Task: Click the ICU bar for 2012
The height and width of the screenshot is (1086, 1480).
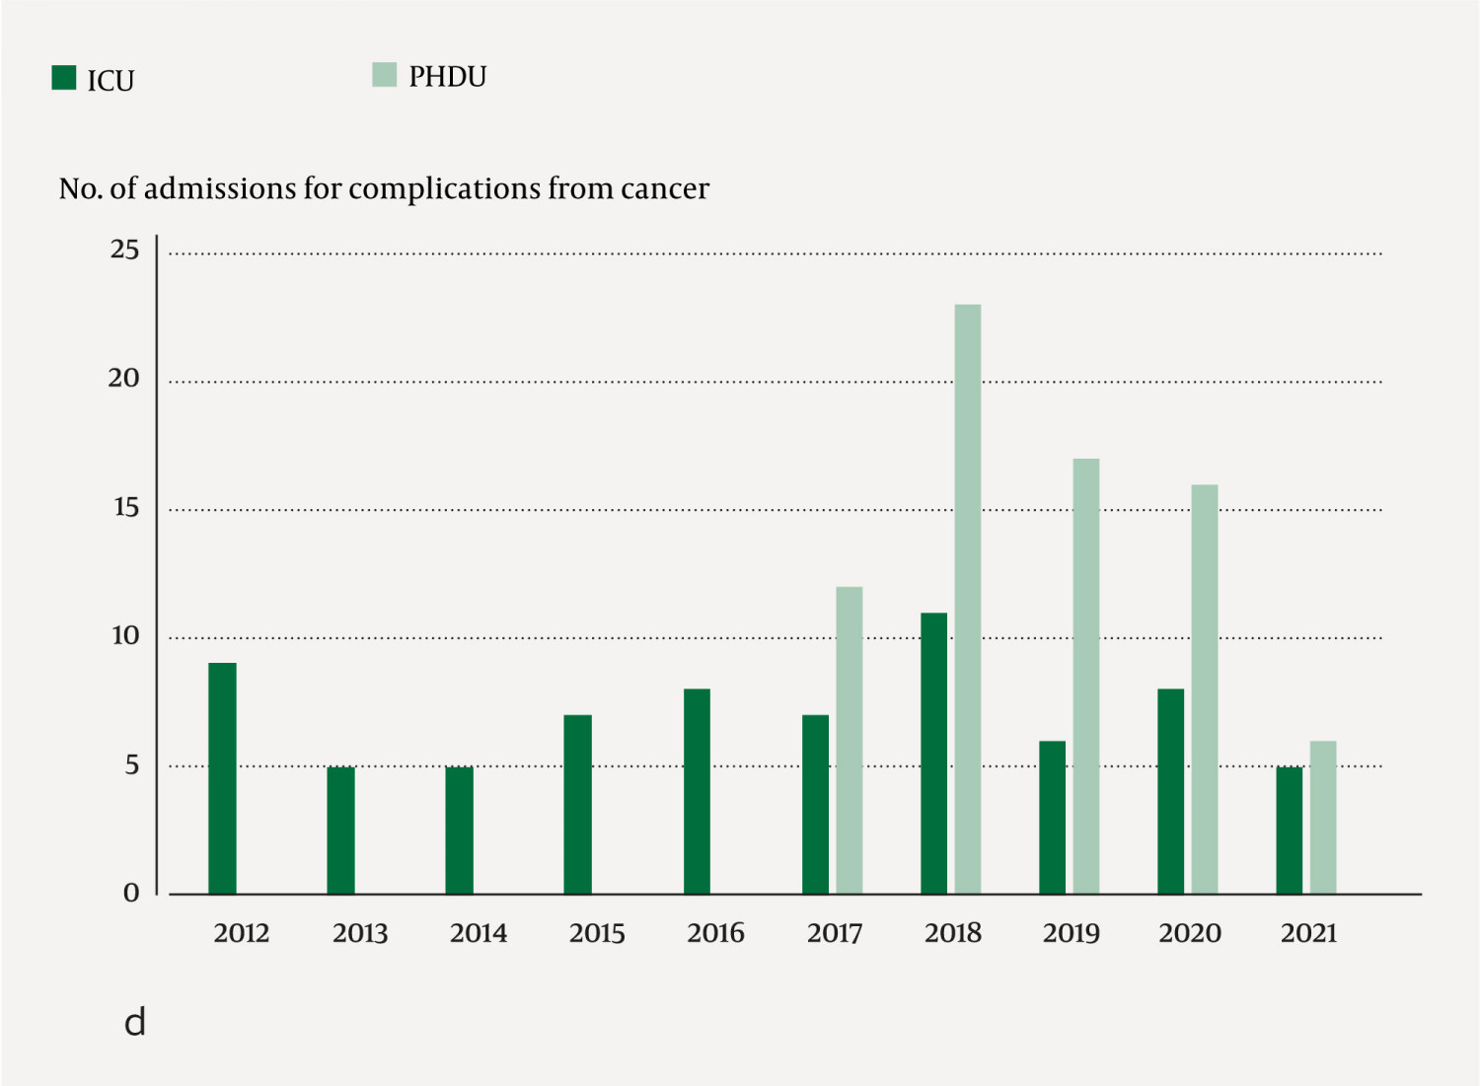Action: [222, 778]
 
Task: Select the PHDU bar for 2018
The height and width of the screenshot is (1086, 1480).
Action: [967, 599]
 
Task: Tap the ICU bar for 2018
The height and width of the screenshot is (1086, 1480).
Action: [933, 754]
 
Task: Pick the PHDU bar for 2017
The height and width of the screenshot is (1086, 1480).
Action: [849, 740]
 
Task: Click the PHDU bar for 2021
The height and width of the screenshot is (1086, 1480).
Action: [1322, 818]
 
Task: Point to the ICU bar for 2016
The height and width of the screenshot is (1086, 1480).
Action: [697, 791]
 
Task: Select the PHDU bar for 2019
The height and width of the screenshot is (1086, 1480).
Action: [1085, 676]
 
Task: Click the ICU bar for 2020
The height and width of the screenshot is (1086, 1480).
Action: [1170, 791]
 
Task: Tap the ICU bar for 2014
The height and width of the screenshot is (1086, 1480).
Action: [459, 830]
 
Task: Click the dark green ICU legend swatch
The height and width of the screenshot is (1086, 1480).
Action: [64, 78]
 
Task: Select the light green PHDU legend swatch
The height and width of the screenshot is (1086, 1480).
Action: [384, 75]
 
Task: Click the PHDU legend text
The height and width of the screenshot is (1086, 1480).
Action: [447, 77]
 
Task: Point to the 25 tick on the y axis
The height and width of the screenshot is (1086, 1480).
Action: [124, 250]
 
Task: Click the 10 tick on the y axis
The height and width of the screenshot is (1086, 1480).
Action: [124, 636]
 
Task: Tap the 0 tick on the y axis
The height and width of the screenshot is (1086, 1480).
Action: [131, 894]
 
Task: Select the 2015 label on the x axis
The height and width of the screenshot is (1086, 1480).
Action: [597, 933]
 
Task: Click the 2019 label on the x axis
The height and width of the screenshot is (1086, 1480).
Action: [1071, 933]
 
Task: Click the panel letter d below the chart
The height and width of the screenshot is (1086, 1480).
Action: [135, 1022]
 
